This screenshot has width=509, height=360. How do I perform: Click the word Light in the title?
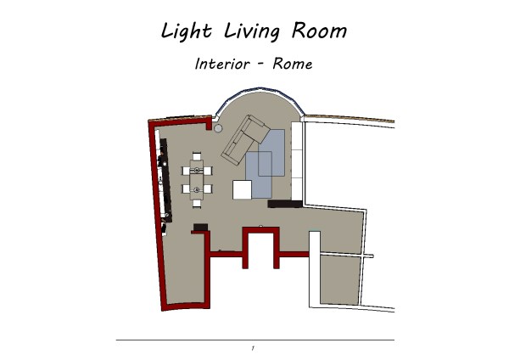click(187, 31)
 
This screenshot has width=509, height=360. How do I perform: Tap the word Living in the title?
click(252, 32)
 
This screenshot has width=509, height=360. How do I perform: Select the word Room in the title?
click(319, 31)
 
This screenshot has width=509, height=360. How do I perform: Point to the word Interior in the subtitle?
click(222, 64)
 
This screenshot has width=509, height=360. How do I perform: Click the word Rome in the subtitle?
click(293, 64)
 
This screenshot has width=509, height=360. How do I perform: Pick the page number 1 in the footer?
click(253, 348)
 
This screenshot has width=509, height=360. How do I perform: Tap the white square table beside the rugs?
click(242, 189)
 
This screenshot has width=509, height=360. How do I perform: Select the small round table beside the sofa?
click(218, 128)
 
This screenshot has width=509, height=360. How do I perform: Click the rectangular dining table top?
click(197, 180)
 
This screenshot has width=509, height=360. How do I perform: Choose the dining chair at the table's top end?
click(197, 156)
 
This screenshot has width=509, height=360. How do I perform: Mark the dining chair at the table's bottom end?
click(197, 204)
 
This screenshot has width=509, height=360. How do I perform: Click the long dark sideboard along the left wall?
click(165, 180)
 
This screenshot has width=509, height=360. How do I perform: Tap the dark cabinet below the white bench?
click(285, 204)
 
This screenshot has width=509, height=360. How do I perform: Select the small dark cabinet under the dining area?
click(200, 227)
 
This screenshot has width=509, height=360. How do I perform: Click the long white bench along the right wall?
click(297, 161)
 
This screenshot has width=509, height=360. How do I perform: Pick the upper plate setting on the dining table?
click(197, 170)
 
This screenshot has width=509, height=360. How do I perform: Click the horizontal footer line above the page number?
click(255, 340)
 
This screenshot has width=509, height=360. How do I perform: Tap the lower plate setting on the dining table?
click(197, 189)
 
